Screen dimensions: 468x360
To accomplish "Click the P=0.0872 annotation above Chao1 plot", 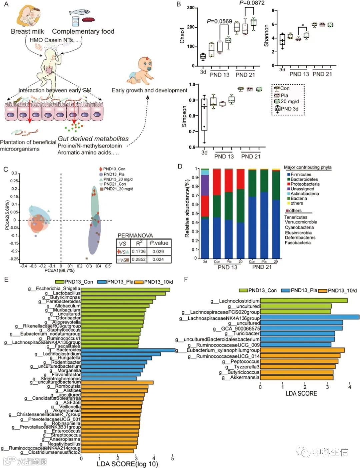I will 252,3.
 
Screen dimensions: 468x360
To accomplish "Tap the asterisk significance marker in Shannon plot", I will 303,25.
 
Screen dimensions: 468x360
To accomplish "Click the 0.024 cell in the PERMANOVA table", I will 158,259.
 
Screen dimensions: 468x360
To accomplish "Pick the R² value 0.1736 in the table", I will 139,251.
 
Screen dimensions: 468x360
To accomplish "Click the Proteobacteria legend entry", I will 305,184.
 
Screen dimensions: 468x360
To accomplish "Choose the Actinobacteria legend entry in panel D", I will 304,194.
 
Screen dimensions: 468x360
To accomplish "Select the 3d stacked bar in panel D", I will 205,213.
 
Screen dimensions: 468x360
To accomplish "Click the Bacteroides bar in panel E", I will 128,350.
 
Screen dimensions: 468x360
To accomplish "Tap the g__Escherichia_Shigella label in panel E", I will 54,288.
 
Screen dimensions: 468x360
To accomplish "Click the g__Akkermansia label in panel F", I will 241,377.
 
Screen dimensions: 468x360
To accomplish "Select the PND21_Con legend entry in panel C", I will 115,184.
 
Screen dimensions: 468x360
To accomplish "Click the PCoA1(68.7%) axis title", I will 60,271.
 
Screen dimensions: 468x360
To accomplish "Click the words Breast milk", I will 28,32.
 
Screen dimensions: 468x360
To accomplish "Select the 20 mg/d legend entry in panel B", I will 289,102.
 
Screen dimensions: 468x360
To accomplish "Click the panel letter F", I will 186,279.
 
